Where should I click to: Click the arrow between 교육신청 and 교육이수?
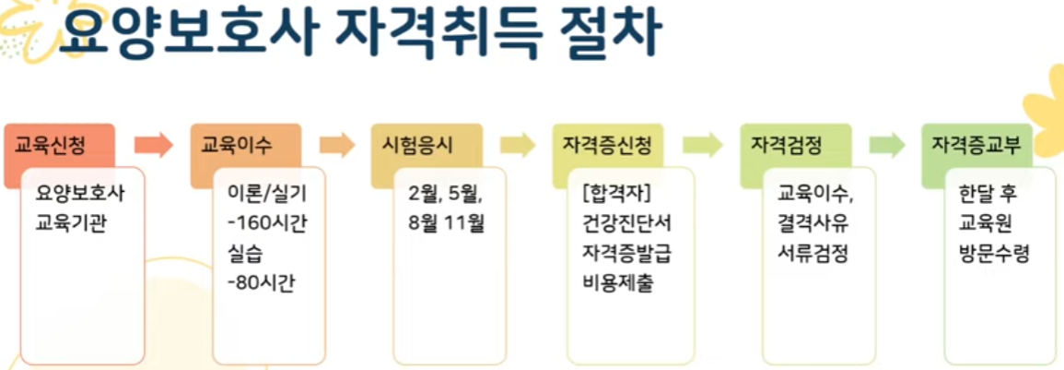pyautogui.click(x=153, y=145)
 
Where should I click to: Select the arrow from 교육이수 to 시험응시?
pyautogui.click(x=337, y=145)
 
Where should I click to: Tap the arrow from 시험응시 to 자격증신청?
pyautogui.click(x=518, y=145)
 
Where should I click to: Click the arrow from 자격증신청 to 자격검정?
pyautogui.click(x=703, y=145)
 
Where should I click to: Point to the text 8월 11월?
pyautogui.click(x=446, y=222)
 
